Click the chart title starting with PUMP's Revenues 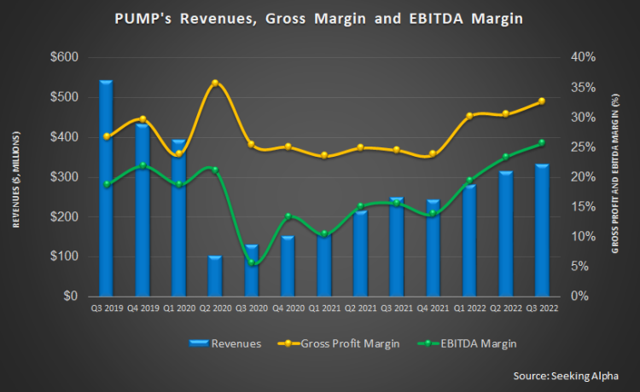pos(319,20)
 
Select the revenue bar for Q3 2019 pos(106,188)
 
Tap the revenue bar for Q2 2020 pos(215,276)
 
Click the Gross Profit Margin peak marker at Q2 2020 pos(215,84)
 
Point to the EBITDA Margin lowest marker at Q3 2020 pos(252,263)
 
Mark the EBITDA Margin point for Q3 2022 pos(542,143)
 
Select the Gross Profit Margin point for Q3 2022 pos(542,101)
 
